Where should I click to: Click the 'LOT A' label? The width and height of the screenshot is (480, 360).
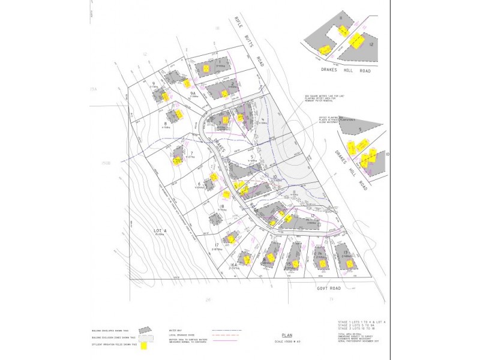click(159, 230)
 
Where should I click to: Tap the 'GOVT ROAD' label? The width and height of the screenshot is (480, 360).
click(328, 288)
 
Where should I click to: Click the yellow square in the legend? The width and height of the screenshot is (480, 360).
click(144, 346)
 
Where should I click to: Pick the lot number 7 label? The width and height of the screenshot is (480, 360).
click(191, 154)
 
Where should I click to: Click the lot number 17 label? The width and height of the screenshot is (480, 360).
click(215, 245)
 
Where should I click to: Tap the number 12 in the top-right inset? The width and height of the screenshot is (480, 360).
click(372, 45)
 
